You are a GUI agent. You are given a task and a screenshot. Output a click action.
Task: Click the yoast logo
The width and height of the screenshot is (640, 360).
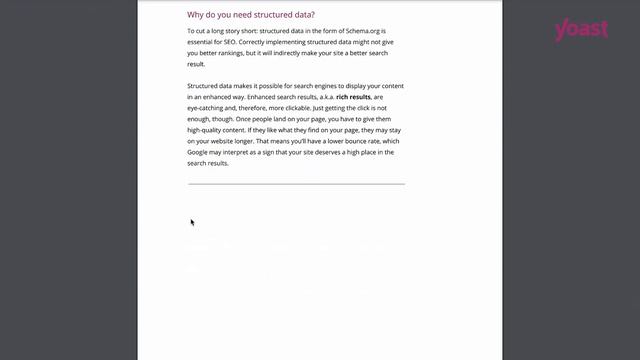[x=581, y=29]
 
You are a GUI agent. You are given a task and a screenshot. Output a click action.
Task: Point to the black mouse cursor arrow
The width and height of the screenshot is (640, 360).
[x=192, y=222]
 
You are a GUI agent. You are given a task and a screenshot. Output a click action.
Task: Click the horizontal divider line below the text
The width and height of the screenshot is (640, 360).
[x=296, y=184]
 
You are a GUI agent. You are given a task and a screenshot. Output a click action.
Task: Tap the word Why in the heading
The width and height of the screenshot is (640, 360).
[x=196, y=15]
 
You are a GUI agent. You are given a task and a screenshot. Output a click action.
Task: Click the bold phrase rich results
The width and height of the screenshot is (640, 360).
[x=355, y=98]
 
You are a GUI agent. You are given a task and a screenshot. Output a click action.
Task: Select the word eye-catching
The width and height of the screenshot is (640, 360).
[x=210, y=109]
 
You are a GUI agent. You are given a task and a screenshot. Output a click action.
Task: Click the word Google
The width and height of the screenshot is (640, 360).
[x=200, y=152]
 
